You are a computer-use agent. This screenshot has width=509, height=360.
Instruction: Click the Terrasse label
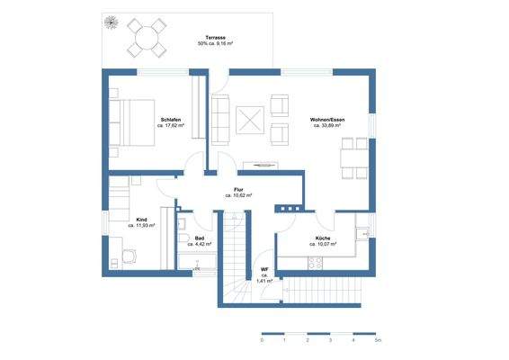[x=214, y=37]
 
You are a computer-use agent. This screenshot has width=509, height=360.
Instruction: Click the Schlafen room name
[x=172, y=120]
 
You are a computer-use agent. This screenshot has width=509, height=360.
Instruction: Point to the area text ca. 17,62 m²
[x=171, y=126]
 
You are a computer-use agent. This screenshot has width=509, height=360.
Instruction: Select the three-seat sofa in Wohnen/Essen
[x=219, y=120]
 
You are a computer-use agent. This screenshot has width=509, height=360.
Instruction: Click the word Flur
[x=238, y=189]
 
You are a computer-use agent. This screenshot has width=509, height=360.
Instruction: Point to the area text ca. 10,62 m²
[x=238, y=195]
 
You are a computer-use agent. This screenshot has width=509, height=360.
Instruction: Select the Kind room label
[x=141, y=219]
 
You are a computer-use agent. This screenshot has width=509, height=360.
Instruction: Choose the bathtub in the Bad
[x=196, y=263]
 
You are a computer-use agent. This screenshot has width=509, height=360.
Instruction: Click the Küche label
[x=322, y=238]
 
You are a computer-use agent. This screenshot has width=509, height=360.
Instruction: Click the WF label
[x=264, y=269]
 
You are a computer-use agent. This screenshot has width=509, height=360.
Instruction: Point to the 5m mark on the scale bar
[x=379, y=341]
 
